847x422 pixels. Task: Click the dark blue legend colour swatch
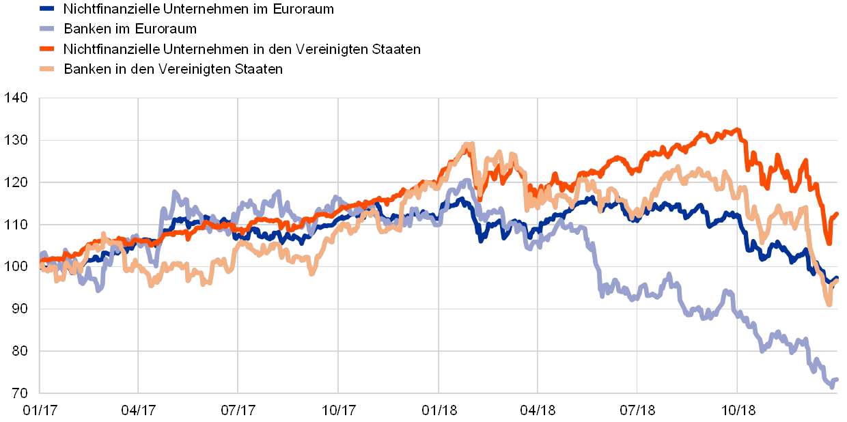click(x=47, y=9)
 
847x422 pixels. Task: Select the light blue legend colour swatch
click(x=47, y=29)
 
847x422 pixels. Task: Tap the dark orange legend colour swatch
click(x=47, y=49)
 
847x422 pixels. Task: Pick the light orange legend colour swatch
click(x=47, y=69)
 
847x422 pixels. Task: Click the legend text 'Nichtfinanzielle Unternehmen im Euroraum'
click(x=198, y=9)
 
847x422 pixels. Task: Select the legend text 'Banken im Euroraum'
click(x=130, y=29)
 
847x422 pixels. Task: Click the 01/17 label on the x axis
click(x=39, y=410)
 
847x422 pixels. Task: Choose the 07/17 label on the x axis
click(x=238, y=410)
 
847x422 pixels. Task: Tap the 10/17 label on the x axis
click(x=338, y=410)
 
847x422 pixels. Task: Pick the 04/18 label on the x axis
click(x=538, y=410)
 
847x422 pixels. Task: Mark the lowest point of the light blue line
click(x=832, y=386)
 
